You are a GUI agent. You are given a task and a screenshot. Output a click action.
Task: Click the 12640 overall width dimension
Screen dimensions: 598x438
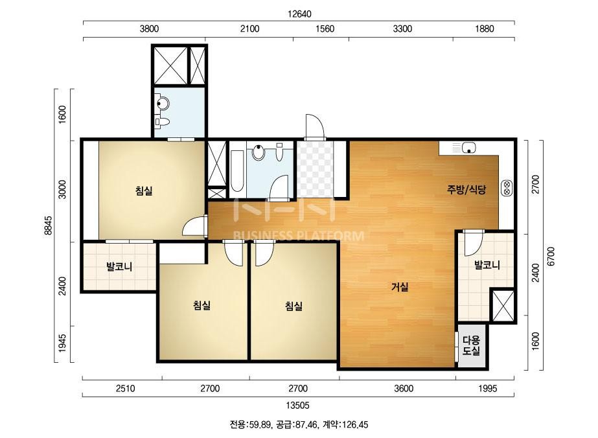(299, 14)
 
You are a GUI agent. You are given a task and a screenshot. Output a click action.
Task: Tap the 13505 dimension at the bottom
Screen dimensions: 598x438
(298, 405)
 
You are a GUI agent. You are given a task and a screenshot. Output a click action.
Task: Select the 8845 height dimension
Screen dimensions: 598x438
(49, 225)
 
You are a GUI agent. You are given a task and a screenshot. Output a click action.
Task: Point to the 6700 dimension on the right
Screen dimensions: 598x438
(551, 256)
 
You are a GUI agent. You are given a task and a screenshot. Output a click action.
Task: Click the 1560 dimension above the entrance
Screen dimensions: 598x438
(325, 29)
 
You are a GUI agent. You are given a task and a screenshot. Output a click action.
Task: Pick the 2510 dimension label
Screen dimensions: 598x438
(125, 388)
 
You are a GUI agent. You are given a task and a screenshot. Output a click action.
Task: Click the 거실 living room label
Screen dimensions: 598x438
(399, 287)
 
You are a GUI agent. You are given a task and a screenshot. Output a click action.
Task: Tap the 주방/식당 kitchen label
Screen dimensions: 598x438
(466, 189)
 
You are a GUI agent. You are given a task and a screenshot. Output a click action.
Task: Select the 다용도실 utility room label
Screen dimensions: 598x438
(471, 345)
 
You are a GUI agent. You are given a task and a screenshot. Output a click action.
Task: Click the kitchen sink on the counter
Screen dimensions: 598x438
(468, 147)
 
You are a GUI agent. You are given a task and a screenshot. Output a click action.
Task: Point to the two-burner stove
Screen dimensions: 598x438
(507, 188)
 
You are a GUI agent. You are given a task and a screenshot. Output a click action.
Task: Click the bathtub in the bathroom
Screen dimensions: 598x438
(237, 171)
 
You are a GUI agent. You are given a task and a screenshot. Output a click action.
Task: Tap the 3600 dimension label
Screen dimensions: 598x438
(404, 388)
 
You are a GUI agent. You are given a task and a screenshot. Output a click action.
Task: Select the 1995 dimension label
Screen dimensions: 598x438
(488, 388)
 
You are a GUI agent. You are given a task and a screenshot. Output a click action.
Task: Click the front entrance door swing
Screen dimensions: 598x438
(315, 126)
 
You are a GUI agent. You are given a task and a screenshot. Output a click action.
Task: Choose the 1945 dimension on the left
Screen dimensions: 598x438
(63, 343)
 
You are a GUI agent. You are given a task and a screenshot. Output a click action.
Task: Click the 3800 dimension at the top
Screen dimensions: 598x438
(149, 29)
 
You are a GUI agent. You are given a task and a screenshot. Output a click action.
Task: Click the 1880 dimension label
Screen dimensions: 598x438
(485, 29)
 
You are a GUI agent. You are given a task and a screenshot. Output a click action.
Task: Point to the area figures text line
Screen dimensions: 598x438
(299, 424)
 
